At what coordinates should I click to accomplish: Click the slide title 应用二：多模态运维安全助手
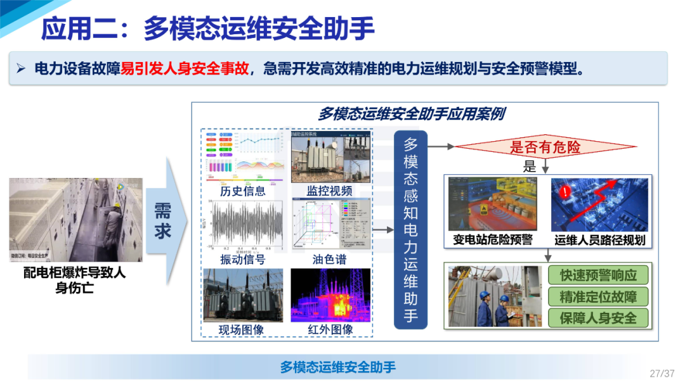[207, 28]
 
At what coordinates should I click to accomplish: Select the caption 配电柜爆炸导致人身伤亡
[75, 279]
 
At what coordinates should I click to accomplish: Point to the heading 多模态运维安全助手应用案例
[411, 114]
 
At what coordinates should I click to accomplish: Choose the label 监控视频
[330, 191]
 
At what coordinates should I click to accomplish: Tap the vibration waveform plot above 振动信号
[242, 224]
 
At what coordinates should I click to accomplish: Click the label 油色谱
[330, 260]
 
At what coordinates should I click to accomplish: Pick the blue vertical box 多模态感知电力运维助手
[410, 229]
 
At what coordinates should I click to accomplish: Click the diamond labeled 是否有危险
[545, 148]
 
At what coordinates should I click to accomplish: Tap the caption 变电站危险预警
[493, 240]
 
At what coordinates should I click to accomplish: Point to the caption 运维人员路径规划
[599, 240]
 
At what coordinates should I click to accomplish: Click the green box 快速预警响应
[598, 275]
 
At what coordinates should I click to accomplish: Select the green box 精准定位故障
[598, 296]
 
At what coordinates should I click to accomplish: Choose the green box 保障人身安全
[598, 318]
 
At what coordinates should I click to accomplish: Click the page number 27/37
[662, 373]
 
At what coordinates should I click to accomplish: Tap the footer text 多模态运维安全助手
[338, 367]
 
